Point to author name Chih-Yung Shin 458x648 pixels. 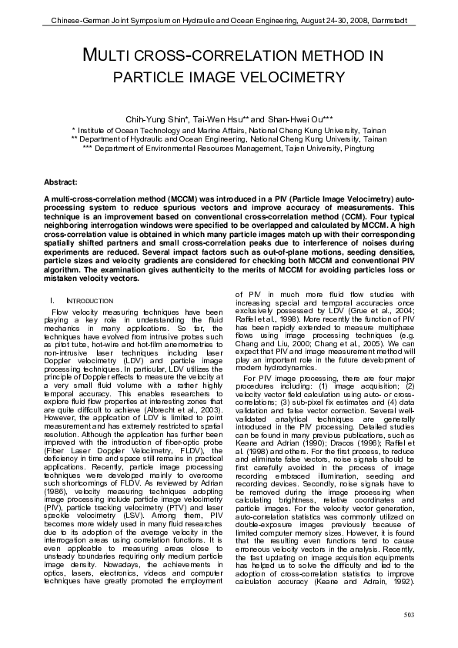tap(162, 119)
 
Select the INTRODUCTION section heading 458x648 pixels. tap(92, 299)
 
